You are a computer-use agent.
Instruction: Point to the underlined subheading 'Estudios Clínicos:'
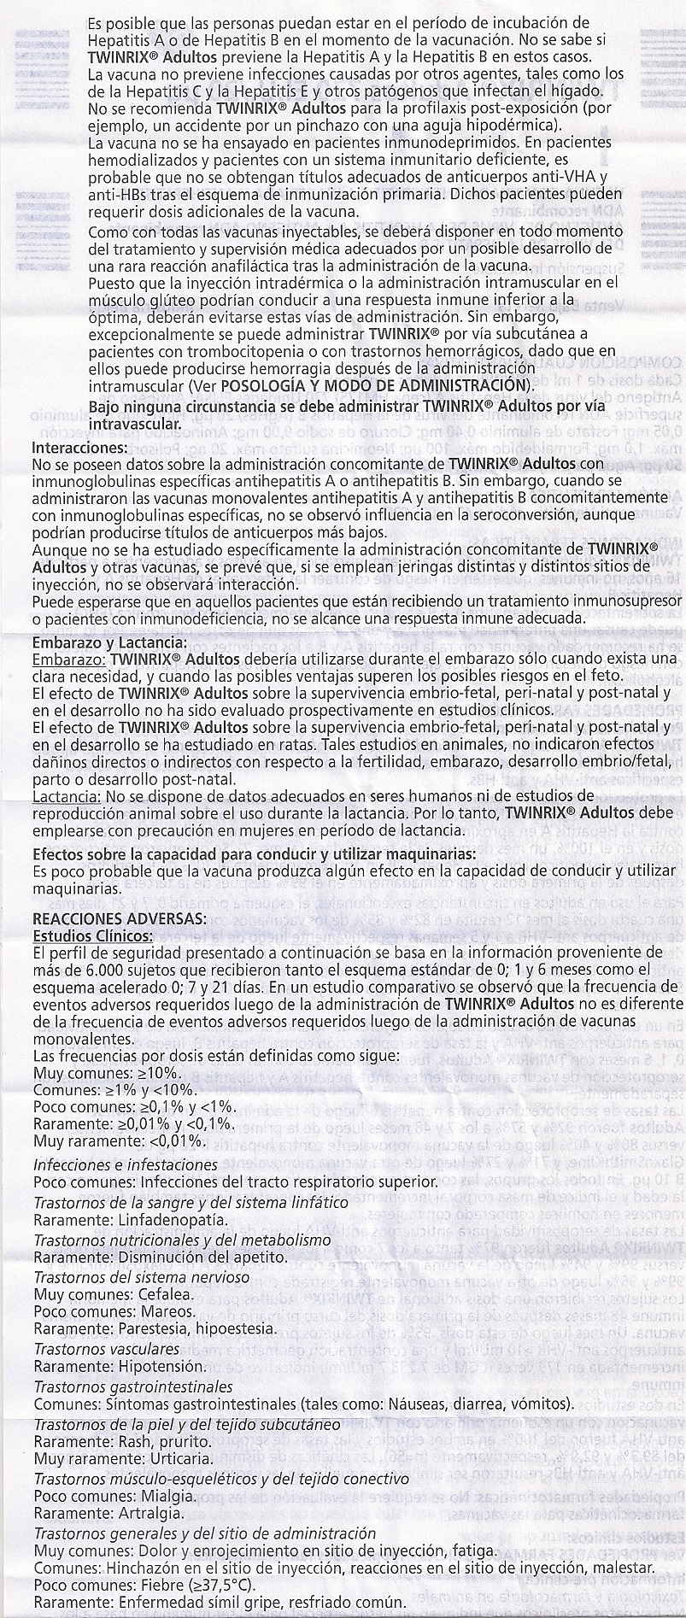(x=93, y=935)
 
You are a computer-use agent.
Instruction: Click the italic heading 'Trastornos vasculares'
(x=107, y=1348)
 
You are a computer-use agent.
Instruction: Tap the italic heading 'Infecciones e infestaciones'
(x=125, y=1164)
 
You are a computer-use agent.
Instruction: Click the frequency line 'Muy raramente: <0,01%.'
(x=120, y=1140)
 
